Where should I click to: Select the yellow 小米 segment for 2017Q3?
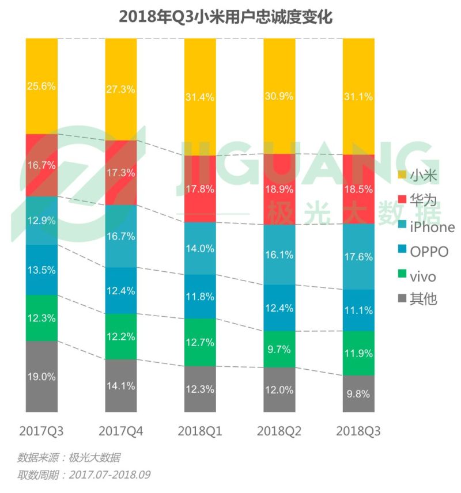(41, 86)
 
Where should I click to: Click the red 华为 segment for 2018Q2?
(279, 189)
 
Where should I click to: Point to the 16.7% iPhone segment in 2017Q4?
(121, 236)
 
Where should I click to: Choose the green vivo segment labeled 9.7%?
(279, 349)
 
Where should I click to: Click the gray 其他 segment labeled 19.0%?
(41, 377)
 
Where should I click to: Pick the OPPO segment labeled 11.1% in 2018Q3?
(358, 310)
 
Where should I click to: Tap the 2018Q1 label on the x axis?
(200, 431)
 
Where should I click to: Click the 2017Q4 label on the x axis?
(121, 431)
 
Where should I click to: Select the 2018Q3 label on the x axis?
(358, 431)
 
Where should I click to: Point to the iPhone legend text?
(432, 227)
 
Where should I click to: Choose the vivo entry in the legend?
(423, 277)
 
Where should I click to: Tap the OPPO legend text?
(429, 252)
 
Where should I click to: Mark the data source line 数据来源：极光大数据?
(69, 458)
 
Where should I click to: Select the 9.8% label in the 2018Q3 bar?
(358, 395)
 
